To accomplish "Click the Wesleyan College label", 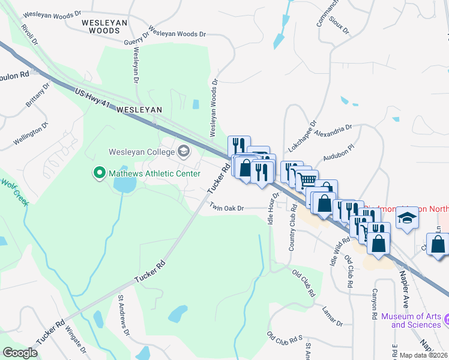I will click(x=142, y=151).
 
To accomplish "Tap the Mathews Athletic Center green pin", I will click(x=99, y=173).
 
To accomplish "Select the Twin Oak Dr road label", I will click(x=226, y=208).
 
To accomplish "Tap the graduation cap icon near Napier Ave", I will click(x=408, y=218).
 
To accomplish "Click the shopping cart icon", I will click(x=307, y=179).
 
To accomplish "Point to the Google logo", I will click(x=20, y=353).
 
